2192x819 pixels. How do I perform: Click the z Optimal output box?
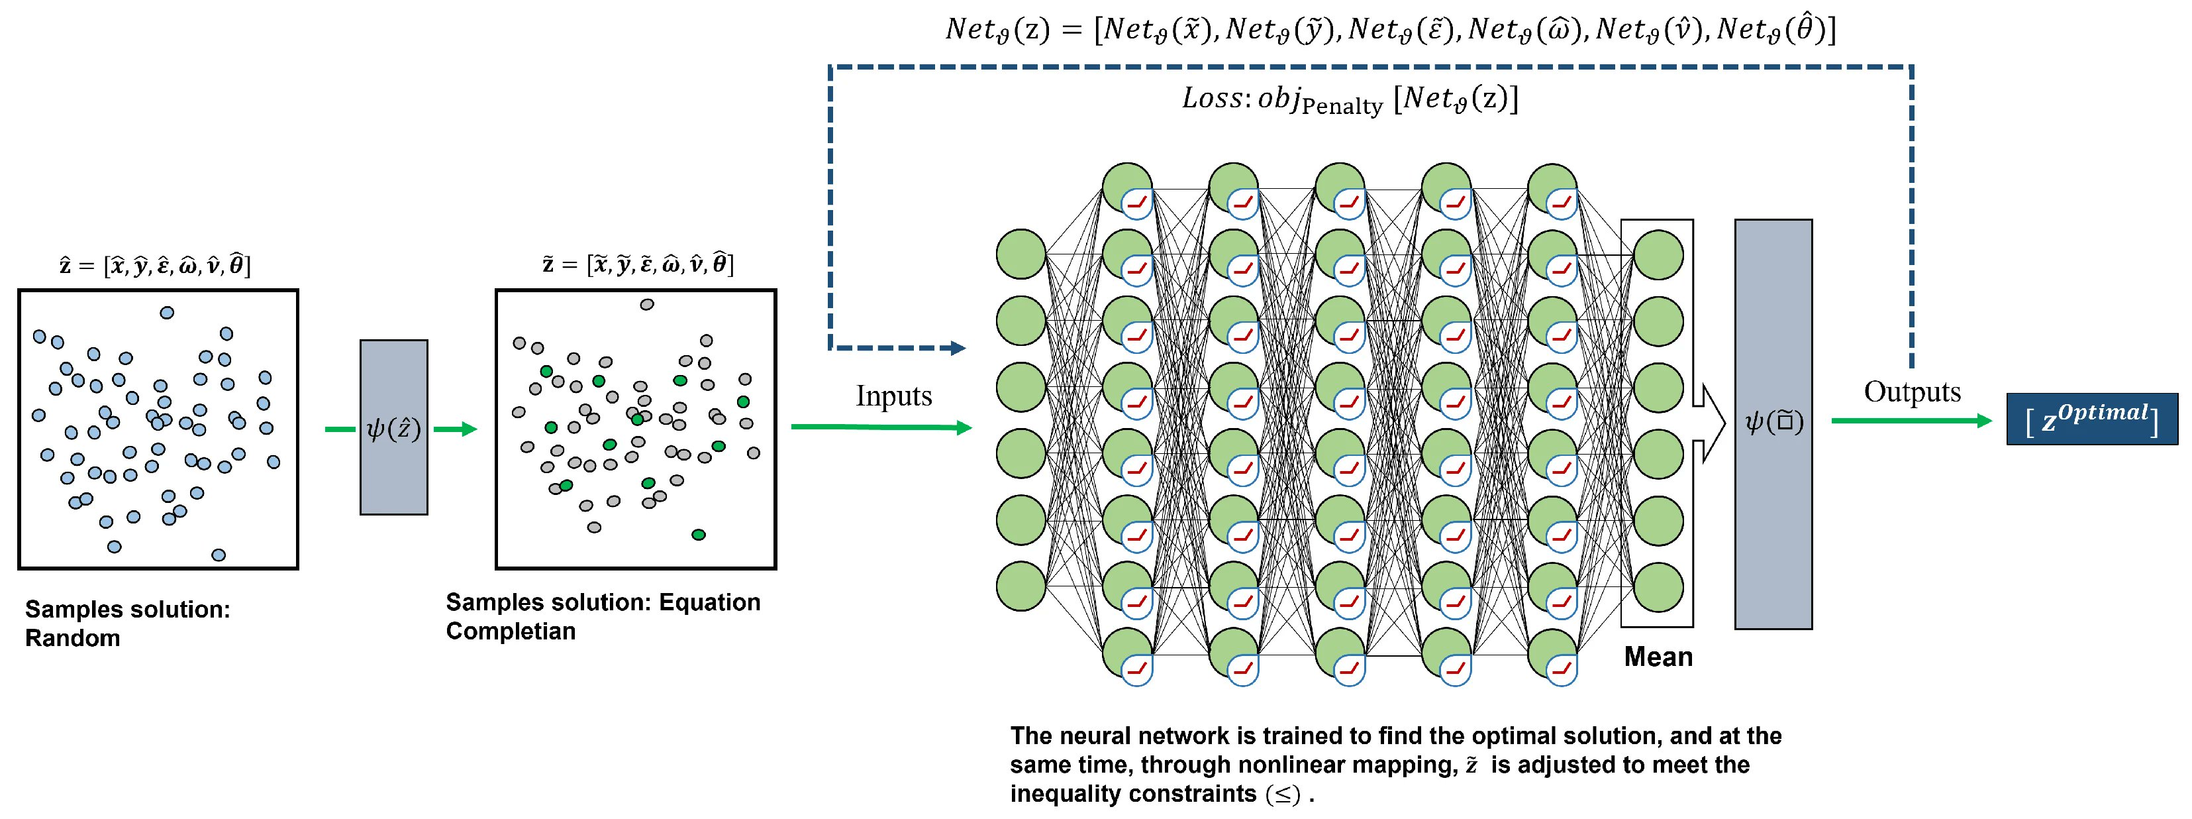pos(2091,419)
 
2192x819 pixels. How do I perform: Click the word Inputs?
pos(893,396)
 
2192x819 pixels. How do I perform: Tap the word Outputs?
pos(1912,392)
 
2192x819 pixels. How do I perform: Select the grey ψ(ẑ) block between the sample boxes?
pos(393,427)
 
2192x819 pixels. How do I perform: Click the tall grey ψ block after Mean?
pos(1773,424)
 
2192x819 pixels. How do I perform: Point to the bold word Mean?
pos(1658,657)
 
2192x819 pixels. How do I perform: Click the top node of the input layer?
pos(1021,254)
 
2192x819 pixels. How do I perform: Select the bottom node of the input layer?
pos(1021,586)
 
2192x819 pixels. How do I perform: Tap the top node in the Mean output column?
pos(1658,254)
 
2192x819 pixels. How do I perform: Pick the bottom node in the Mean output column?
pos(1658,586)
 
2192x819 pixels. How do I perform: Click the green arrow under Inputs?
pos(881,427)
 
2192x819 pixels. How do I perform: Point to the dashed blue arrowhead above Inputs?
pos(958,347)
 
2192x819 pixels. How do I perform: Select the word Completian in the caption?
pos(511,631)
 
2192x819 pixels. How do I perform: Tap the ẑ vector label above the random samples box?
pos(155,266)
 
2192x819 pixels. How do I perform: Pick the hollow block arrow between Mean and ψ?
pos(1709,423)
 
